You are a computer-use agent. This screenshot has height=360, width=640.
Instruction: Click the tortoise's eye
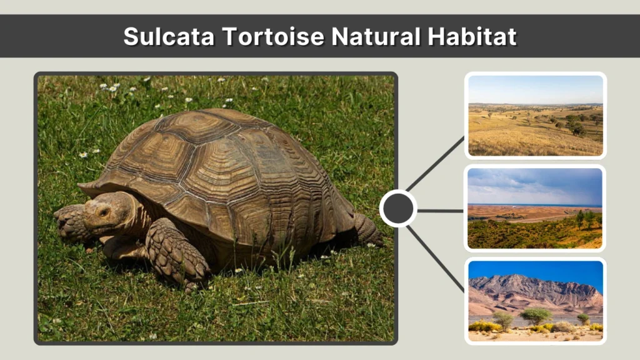pyautogui.click(x=103, y=212)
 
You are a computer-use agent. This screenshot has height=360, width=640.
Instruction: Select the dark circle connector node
pyautogui.click(x=398, y=209)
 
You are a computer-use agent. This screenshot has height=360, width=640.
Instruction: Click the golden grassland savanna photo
pyautogui.click(x=535, y=116)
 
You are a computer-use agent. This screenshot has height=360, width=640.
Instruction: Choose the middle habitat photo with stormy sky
pyautogui.click(x=535, y=208)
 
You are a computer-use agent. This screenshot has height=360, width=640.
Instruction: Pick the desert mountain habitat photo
pyautogui.click(x=535, y=301)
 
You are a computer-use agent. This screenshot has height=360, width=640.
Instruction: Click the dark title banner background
pyautogui.click(x=62, y=36)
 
